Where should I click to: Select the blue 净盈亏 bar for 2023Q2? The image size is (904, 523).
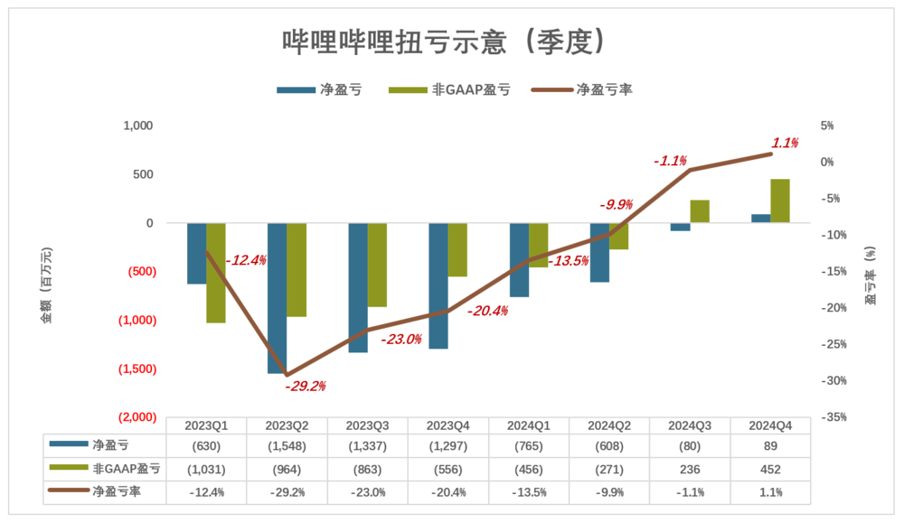coord(277,298)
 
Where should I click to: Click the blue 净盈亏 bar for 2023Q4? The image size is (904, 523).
coord(438,285)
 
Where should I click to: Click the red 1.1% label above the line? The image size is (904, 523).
coord(785,143)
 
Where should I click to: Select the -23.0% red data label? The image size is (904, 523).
coord(401,340)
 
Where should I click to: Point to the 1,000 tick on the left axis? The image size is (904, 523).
coord(137,126)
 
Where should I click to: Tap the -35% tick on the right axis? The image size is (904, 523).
coord(833,416)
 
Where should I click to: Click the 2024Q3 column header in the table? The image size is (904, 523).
coord(691,425)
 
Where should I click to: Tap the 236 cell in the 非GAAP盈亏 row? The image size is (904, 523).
coord(691,470)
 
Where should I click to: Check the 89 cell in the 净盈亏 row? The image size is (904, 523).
coord(771,447)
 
